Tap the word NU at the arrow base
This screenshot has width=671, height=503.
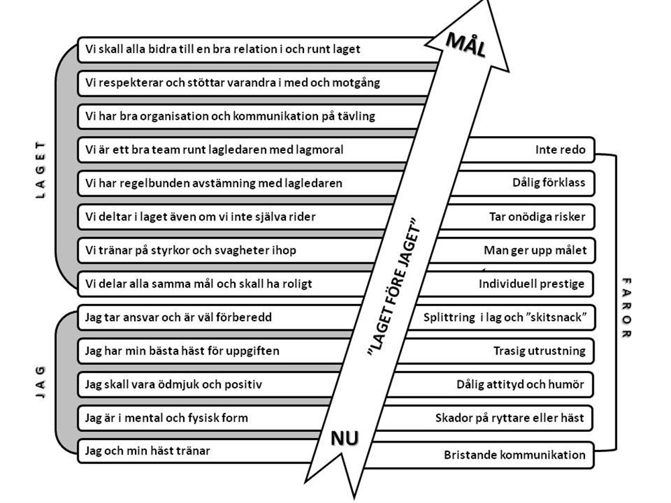point(345,438)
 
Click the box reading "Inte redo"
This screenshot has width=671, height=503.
point(560,150)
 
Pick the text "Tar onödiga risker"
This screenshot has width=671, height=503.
point(537,217)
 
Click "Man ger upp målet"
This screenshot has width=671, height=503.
point(535,250)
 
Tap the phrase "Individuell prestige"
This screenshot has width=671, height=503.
point(531,284)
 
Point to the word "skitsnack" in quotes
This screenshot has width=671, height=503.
point(556,317)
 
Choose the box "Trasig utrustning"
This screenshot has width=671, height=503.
point(539,351)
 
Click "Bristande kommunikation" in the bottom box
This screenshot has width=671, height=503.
point(515,455)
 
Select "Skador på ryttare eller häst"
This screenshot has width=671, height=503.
point(509,418)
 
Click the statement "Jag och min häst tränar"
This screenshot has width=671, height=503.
point(148,451)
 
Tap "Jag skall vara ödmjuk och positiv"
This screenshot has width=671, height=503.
point(173,384)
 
